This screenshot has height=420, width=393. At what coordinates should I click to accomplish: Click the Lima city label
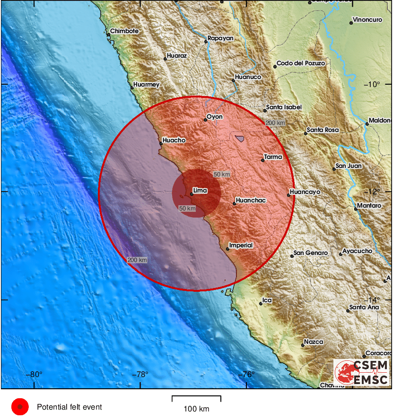pos(200,190)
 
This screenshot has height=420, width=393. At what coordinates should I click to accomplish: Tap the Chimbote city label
pos(124,31)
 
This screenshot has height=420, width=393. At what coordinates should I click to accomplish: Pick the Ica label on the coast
pos(268,300)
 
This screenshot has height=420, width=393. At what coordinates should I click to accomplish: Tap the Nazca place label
pos(314,341)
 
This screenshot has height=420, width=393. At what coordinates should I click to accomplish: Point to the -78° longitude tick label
pos(140,375)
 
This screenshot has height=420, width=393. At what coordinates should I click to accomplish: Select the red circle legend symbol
pos(20,407)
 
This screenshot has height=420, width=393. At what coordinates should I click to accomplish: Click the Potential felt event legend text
pos(69,407)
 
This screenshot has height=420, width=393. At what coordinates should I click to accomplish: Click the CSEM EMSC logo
pos(362,372)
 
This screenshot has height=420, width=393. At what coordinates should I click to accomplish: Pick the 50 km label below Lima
pos(187,208)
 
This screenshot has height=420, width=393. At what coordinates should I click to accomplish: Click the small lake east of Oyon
pos(240,139)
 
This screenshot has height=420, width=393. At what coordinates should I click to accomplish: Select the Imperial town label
pos(241,245)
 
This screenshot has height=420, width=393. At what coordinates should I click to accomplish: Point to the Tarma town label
pos(273,157)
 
